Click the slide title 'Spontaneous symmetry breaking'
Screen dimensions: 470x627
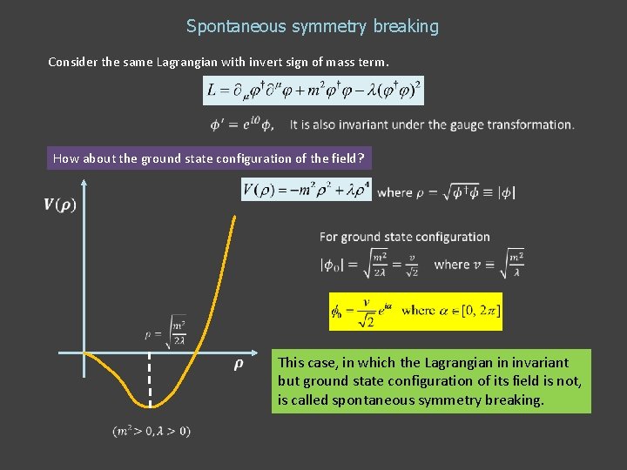(313, 26)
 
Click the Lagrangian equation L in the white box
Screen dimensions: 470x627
(313, 89)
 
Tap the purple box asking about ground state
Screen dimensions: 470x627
(209, 158)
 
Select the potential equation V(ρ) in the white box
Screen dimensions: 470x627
(307, 190)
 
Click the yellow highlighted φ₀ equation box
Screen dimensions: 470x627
(415, 311)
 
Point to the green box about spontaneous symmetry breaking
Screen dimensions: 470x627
(431, 381)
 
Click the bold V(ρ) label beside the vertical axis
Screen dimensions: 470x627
(59, 205)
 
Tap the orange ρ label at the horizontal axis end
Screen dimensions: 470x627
(238, 365)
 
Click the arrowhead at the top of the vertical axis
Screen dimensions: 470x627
(84, 184)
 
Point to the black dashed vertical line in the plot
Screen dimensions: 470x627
(150, 379)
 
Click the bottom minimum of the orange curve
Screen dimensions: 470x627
(148, 406)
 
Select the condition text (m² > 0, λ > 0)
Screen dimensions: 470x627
(152, 430)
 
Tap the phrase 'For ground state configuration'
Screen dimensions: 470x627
(404, 237)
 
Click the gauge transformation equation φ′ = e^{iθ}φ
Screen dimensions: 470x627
(241, 125)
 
